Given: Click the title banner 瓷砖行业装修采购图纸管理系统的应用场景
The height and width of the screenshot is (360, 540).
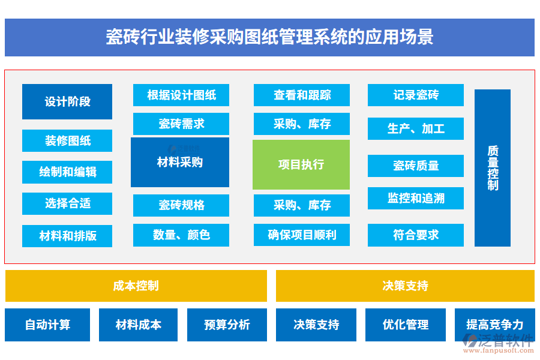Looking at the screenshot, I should coord(269,37).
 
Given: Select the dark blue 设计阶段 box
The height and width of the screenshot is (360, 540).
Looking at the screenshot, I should coord(67,101).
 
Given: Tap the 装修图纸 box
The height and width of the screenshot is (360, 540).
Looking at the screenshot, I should coord(67,141).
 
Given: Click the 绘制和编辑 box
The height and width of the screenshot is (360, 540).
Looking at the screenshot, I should coord(67,172).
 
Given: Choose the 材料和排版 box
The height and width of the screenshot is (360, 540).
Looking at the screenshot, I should coord(67,236).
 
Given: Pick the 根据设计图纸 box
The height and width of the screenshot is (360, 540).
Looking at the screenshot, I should coord(181,95).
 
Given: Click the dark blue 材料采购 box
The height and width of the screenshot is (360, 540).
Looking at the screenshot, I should coord(180,162).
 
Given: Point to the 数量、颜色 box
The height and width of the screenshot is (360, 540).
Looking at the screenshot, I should coord(181,235).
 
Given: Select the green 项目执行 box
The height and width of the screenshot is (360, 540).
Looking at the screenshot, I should coord(301,164).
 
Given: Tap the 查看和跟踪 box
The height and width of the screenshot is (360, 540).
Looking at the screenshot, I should coord(302,95).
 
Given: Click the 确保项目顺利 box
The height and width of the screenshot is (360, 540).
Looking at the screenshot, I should coord(302,235).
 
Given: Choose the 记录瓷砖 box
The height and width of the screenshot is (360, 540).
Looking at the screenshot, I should coord(416,95).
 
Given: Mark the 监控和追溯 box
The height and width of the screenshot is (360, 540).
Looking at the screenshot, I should coord(416,198).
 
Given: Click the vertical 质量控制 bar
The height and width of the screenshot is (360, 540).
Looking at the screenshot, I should coord(493,168).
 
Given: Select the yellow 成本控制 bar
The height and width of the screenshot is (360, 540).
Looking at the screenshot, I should coord(136,286).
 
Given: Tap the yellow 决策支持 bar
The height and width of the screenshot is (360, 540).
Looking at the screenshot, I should coord(405,286).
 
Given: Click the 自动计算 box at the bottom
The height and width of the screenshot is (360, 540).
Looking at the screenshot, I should coord(47,325).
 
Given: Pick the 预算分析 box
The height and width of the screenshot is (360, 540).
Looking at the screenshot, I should coord(227,325).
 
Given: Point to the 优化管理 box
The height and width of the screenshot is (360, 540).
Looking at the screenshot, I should coord(406,325).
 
